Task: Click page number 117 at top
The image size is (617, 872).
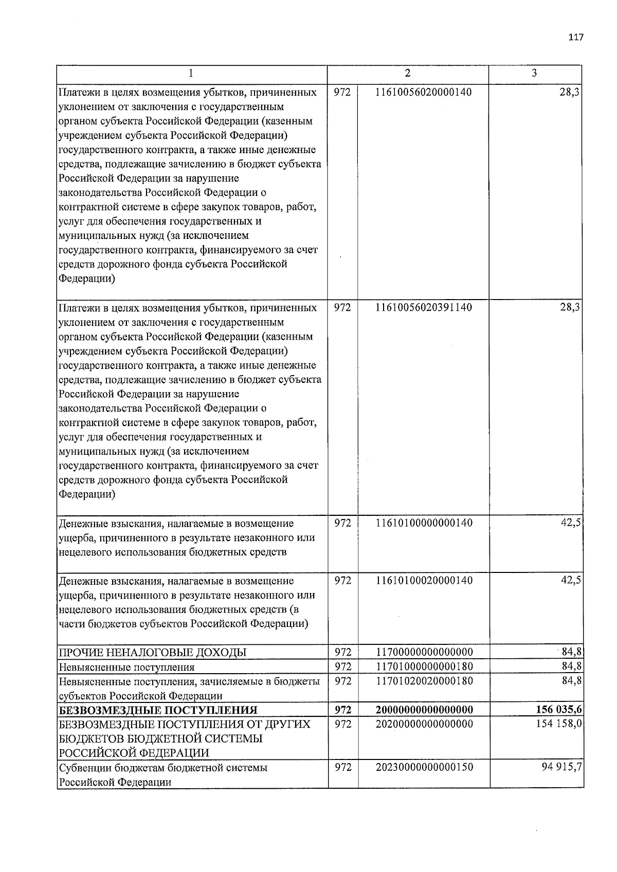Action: (x=576, y=38)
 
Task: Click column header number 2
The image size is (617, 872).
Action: (x=407, y=73)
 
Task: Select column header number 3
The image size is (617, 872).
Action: (x=534, y=73)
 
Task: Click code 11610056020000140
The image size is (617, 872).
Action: (x=424, y=92)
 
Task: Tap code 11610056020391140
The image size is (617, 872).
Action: (x=424, y=308)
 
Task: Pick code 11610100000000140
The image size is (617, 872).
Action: (x=424, y=523)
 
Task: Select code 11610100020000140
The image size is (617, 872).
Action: (x=424, y=581)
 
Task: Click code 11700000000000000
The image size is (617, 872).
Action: (x=424, y=652)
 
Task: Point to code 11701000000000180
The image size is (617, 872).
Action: (x=424, y=666)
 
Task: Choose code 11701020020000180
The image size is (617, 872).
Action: (x=424, y=681)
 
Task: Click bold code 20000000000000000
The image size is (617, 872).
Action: (x=424, y=710)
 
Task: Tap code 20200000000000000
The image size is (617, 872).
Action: (x=424, y=724)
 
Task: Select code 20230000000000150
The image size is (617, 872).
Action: (x=424, y=767)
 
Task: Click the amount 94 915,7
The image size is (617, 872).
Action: (x=560, y=767)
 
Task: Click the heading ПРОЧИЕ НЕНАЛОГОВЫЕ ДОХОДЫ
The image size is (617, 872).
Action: (x=153, y=653)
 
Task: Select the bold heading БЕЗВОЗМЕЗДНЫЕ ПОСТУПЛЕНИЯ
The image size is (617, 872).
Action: (x=158, y=710)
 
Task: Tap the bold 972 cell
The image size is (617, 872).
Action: (x=342, y=710)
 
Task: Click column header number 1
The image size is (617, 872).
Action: (x=191, y=73)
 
